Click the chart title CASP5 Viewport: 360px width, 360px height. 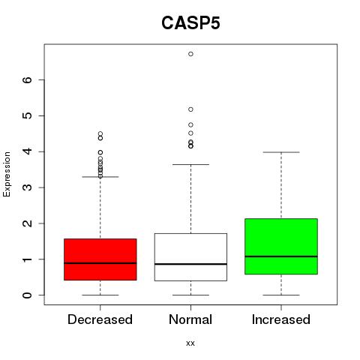coord(190,23)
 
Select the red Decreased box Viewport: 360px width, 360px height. coord(100,259)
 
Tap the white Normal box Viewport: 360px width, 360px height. coord(190,257)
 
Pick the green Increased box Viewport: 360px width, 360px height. coord(281,247)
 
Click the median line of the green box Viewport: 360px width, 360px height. coord(281,256)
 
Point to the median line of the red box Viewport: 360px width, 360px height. coord(100,263)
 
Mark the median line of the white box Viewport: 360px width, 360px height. coord(190,264)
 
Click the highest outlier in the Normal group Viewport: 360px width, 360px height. coord(190,54)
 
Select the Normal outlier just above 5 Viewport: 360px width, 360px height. coord(190,109)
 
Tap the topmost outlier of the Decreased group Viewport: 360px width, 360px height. coord(100,133)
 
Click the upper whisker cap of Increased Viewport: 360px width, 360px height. coord(281,152)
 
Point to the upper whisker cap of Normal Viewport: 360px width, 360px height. coord(190,164)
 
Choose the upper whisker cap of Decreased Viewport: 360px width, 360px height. coord(100,177)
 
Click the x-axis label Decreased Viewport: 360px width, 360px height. coord(100,319)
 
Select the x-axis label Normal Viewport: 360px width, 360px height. coord(190,319)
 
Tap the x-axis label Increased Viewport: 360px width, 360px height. coord(281,319)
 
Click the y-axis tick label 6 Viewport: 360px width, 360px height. coord(28,79)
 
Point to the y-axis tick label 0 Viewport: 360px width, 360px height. coord(28,295)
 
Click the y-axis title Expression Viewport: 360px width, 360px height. coord(7,174)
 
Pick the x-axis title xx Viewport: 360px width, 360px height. coord(190,343)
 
